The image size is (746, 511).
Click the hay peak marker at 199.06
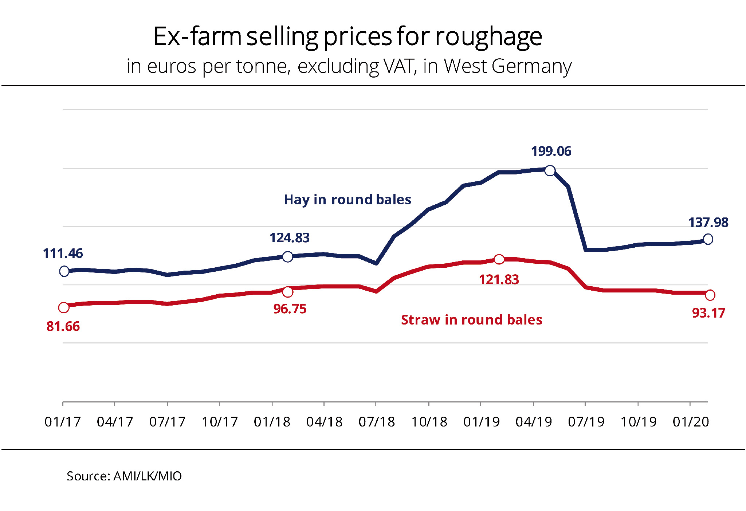tap(550, 170)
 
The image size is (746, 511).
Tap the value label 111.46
tap(63, 253)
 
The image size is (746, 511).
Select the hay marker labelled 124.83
tap(287, 257)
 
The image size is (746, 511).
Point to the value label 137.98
tap(708, 222)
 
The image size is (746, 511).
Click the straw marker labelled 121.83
tap(499, 259)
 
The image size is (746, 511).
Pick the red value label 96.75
tap(290, 309)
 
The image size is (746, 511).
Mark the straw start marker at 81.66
tap(64, 307)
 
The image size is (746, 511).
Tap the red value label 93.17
tap(708, 313)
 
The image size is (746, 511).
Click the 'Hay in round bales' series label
tap(347, 200)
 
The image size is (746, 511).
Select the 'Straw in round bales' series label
tap(471, 320)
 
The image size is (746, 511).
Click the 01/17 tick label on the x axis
tap(63, 422)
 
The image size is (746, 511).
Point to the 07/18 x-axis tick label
tap(377, 422)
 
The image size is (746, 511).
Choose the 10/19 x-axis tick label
tap(638, 422)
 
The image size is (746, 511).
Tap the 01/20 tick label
tap(691, 422)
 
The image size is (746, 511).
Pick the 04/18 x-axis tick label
tap(324, 422)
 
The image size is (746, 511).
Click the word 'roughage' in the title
tap(488, 37)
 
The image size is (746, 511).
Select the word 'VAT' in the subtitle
tap(400, 66)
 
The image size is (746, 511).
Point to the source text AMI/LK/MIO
tap(147, 476)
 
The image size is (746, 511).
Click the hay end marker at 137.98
tap(708, 239)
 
